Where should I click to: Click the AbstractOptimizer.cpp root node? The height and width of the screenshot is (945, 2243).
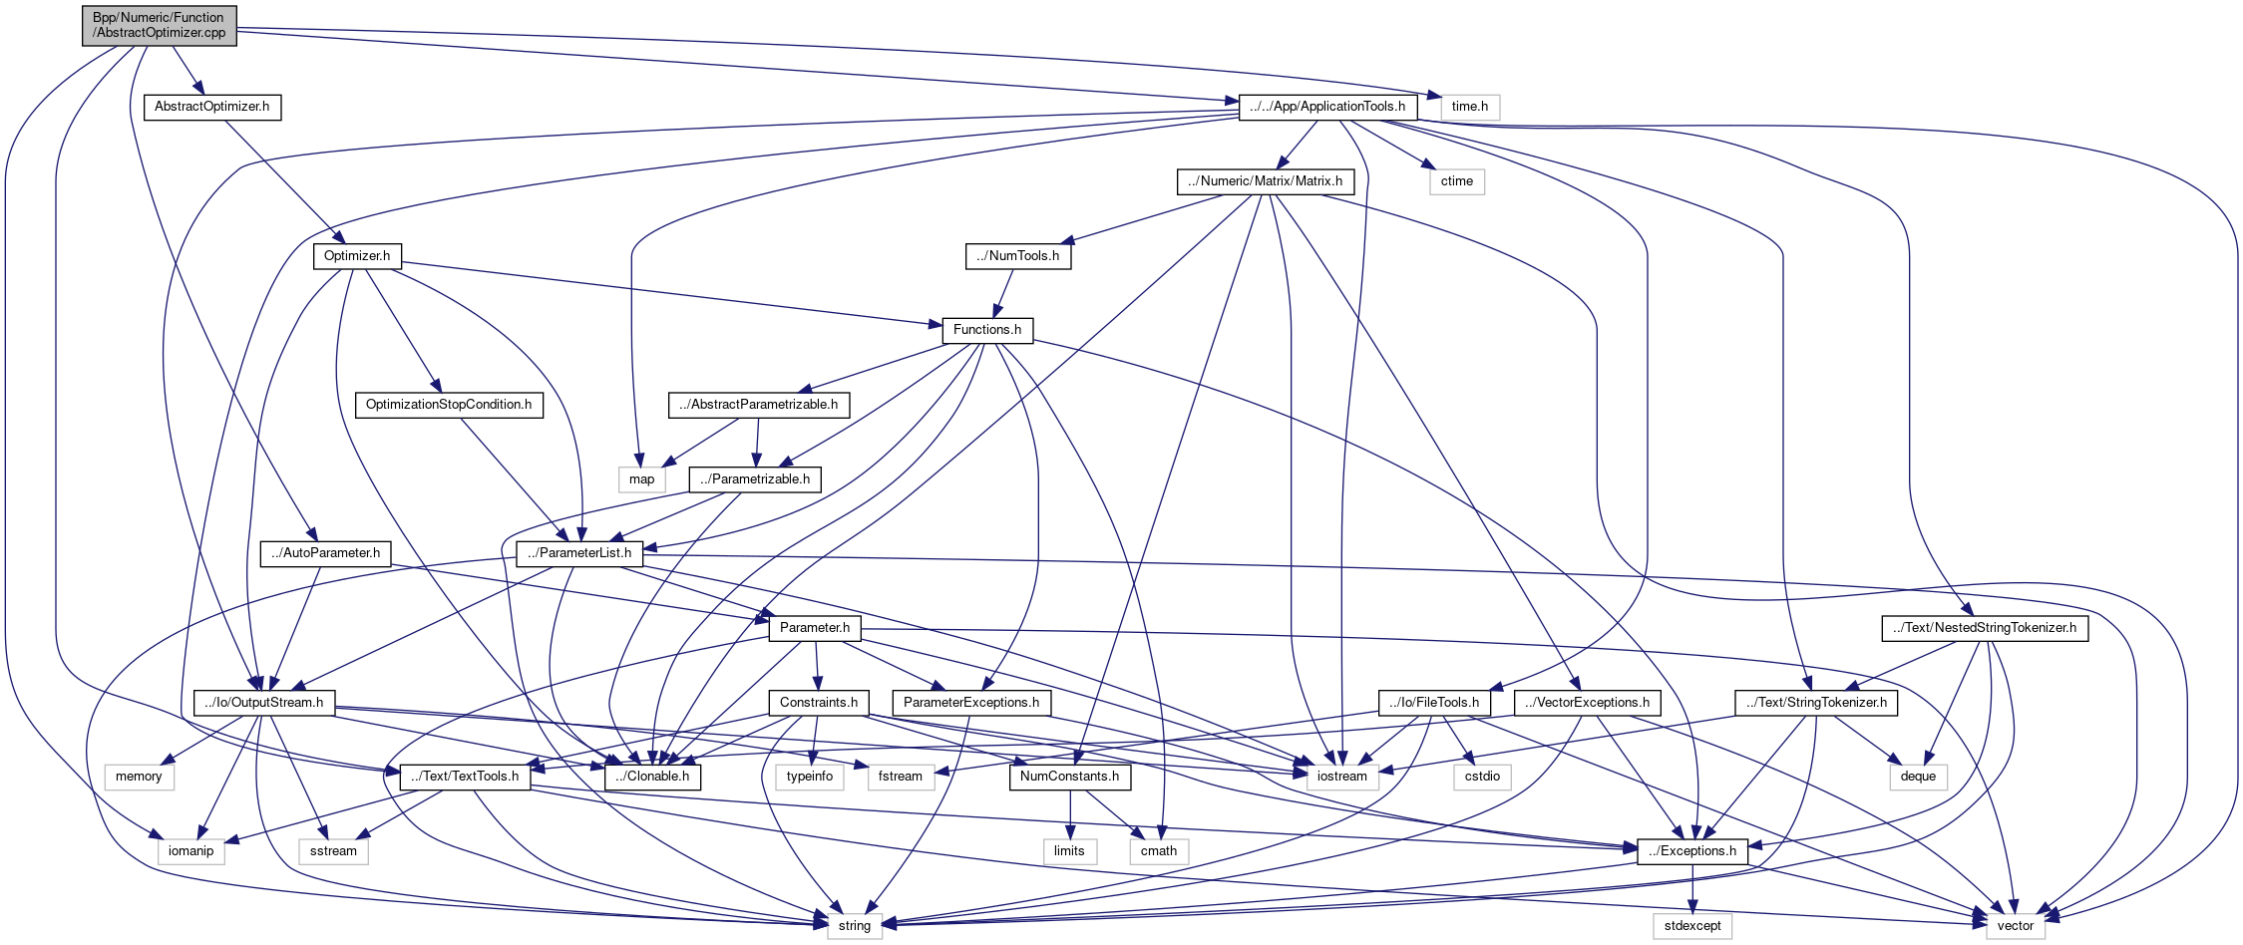[160, 25]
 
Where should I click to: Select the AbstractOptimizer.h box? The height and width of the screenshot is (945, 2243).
[211, 107]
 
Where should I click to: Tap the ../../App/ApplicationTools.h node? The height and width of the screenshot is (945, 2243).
[1327, 107]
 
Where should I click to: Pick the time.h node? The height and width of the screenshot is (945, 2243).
[1469, 107]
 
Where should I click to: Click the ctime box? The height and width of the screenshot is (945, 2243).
[1456, 181]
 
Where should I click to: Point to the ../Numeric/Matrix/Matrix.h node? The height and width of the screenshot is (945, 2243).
[1265, 181]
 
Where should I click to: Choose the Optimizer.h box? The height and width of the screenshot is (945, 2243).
[357, 256]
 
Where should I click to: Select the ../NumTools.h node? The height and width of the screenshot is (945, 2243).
[1017, 256]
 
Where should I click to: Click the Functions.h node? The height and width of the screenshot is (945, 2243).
[986, 330]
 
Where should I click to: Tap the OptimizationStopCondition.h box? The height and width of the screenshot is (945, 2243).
[449, 405]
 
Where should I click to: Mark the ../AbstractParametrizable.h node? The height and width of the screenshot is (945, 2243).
[759, 405]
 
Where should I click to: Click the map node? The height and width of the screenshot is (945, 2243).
[641, 479]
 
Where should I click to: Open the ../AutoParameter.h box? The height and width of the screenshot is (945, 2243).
[325, 553]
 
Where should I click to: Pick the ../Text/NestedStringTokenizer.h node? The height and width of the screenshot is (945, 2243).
[1984, 628]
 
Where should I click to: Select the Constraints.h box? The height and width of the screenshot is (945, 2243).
[818, 703]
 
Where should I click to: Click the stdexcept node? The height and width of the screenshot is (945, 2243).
[1692, 926]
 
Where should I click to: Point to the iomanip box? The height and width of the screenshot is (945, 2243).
[190, 851]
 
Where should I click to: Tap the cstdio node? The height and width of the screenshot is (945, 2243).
[1482, 777]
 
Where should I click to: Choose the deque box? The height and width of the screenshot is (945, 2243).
[1917, 777]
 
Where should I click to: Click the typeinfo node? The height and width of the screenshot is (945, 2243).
[809, 777]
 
